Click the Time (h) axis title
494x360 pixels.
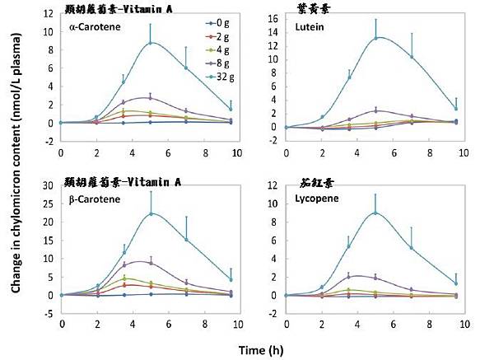(263, 349)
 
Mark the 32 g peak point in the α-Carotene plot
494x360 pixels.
(151, 43)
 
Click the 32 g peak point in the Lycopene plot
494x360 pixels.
(375, 213)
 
